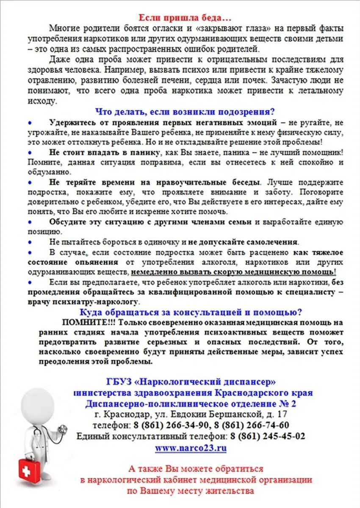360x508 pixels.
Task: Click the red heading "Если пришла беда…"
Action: [184, 19]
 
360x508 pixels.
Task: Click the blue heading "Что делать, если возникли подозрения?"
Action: [185, 112]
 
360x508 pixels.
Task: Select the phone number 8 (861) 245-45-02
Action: [268, 436]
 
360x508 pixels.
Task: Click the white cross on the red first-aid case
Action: [28, 469]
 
